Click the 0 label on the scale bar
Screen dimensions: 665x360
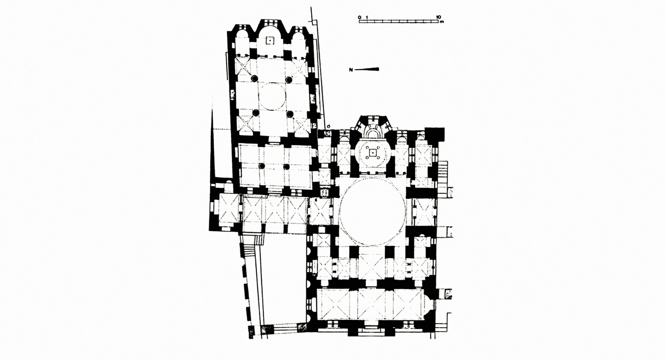click(x=359, y=17)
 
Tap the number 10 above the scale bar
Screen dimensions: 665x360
click(x=439, y=17)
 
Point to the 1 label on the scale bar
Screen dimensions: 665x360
click(x=367, y=17)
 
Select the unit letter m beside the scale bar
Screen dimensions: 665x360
click(x=442, y=22)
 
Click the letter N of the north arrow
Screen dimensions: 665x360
click(x=351, y=70)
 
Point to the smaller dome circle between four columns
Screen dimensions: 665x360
click(x=272, y=97)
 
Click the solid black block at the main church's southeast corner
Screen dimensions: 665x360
click(x=435, y=133)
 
